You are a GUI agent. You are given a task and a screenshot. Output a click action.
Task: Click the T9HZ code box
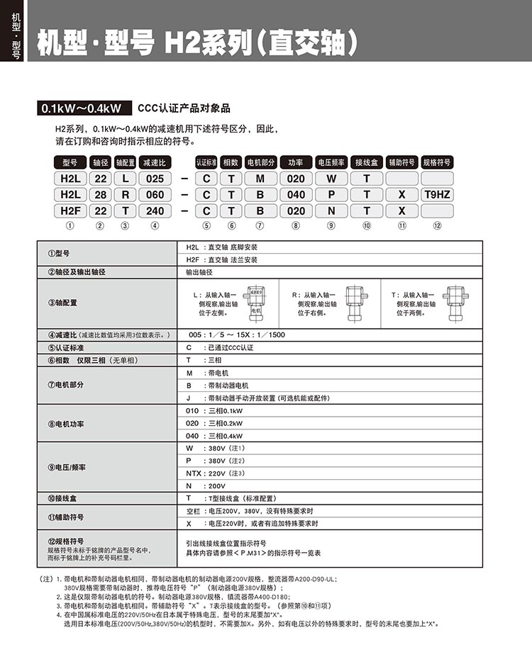[x=437, y=194]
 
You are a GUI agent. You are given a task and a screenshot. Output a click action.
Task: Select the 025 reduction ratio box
[x=155, y=178]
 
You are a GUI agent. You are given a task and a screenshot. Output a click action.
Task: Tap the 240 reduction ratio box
[x=155, y=210]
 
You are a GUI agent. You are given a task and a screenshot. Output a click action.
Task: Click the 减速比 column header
[x=155, y=162]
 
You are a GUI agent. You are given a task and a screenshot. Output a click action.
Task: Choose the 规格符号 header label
[x=437, y=162]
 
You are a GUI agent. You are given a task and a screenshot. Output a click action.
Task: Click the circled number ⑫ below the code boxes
[x=437, y=226]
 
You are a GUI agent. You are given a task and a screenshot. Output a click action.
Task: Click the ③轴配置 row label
[x=63, y=302]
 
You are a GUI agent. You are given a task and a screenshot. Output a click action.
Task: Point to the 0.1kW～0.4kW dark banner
[x=82, y=108]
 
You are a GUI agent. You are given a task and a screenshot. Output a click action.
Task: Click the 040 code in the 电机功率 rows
[x=192, y=436]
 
